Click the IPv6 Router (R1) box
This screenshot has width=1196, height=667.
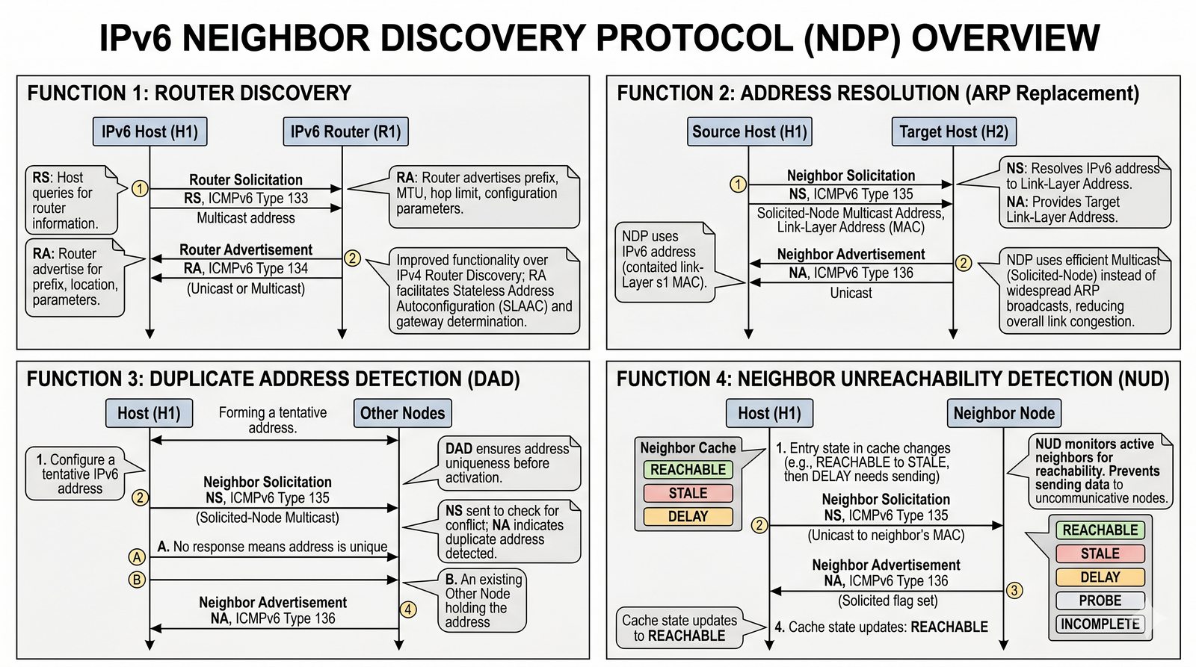345,132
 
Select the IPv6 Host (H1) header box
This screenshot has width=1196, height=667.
149,132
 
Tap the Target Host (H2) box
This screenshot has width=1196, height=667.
953,132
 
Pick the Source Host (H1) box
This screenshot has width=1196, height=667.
749,132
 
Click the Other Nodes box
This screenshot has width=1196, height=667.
402,413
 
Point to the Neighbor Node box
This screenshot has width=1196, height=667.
1004,413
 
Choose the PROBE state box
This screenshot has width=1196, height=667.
1100,601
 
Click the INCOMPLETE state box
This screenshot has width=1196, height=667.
1100,624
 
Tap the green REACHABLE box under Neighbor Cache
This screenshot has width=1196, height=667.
688,470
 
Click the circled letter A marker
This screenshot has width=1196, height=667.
137,556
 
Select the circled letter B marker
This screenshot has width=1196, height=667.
137,580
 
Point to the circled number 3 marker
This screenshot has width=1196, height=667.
1014,591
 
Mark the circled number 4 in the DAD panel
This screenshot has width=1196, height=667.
408,609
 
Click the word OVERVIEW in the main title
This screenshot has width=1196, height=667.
1005,37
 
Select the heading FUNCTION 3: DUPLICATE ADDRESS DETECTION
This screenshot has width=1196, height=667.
273,379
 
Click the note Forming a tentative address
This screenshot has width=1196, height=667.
273,420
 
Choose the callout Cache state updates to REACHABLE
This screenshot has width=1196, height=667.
679,628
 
